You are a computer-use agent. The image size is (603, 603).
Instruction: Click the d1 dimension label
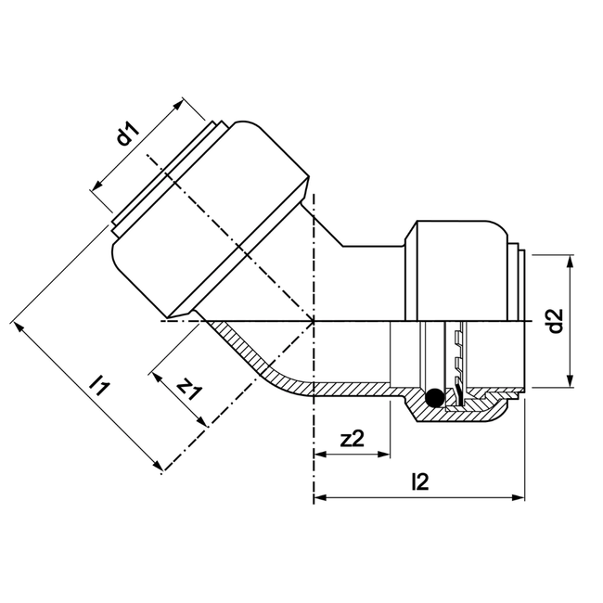[x=128, y=136]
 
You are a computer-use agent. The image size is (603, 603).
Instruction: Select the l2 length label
[x=418, y=481]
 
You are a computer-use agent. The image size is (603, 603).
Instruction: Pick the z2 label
[x=352, y=440]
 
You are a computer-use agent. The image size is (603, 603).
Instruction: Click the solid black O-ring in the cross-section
[x=431, y=400]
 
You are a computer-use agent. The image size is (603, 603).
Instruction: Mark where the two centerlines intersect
[x=315, y=321]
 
